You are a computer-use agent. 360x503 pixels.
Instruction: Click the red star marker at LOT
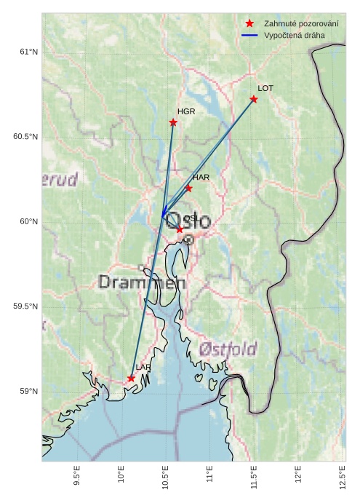254,99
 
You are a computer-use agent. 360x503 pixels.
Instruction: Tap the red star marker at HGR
173,122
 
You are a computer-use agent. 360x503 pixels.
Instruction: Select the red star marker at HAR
188,188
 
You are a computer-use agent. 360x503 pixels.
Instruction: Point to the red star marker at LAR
131,379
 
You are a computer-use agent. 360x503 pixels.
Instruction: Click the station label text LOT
265,88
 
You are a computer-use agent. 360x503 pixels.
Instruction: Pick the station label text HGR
186,111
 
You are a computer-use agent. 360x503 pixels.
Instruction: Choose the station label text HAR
201,177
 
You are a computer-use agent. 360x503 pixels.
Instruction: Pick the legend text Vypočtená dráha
295,35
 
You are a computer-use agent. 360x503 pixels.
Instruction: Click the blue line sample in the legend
249,35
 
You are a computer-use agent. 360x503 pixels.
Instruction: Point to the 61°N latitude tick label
28,52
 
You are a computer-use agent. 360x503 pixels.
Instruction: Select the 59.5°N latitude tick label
25,306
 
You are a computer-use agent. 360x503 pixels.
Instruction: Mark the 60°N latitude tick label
28,221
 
